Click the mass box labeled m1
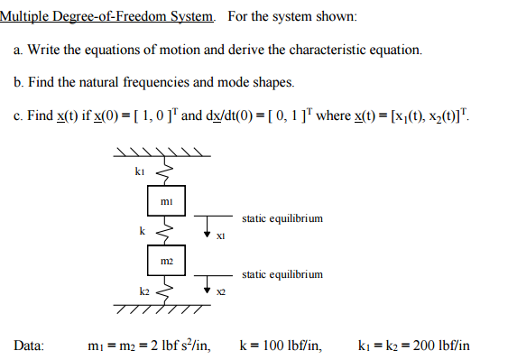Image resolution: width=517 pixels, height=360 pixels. [x=166, y=202]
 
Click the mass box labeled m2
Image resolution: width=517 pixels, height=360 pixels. [x=166, y=261]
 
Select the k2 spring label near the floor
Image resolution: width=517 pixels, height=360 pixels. [x=143, y=291]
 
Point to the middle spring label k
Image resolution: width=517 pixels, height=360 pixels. [x=142, y=231]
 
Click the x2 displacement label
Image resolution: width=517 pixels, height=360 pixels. [x=220, y=292]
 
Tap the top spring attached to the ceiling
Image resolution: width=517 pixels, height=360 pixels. [x=164, y=171]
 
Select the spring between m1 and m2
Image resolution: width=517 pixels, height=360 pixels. [x=164, y=232]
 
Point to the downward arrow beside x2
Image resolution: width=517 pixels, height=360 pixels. [x=208, y=284]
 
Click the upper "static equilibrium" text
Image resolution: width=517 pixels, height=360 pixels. [x=282, y=218]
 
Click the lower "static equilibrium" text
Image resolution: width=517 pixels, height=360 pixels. [x=282, y=274]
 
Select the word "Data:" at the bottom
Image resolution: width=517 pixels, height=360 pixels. [x=30, y=345]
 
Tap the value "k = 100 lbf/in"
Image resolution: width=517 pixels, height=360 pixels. [x=280, y=345]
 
